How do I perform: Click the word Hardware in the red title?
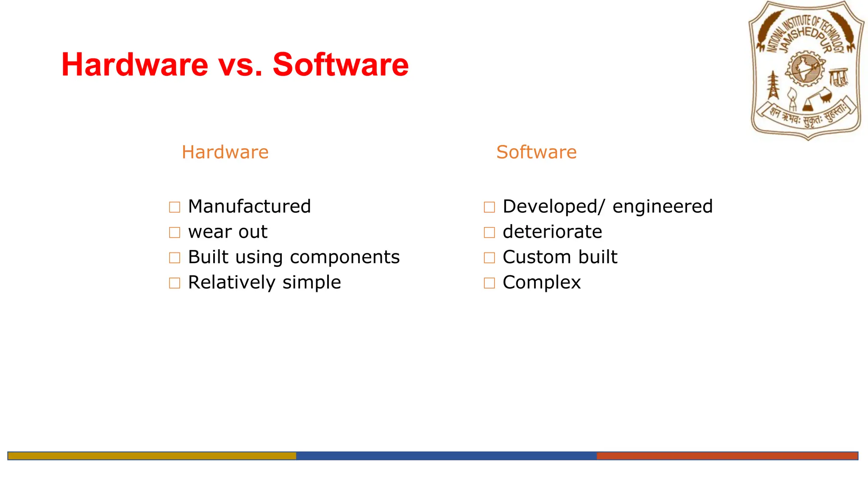[135, 65]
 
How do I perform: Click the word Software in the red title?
[340, 65]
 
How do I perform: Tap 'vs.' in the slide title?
[240, 65]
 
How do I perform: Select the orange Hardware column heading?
[225, 152]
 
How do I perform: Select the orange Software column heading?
[536, 152]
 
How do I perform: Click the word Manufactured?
[249, 207]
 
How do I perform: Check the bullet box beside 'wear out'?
[175, 233]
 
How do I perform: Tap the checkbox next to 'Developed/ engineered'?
[489, 207]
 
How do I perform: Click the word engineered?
[662, 207]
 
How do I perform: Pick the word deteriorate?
[552, 232]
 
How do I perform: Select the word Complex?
[541, 283]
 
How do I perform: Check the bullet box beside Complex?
[489, 283]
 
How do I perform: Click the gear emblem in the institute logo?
[805, 69]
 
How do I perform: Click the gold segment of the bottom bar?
[152, 456]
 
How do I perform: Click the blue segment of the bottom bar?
[446, 456]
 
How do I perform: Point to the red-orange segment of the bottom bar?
[727, 456]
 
